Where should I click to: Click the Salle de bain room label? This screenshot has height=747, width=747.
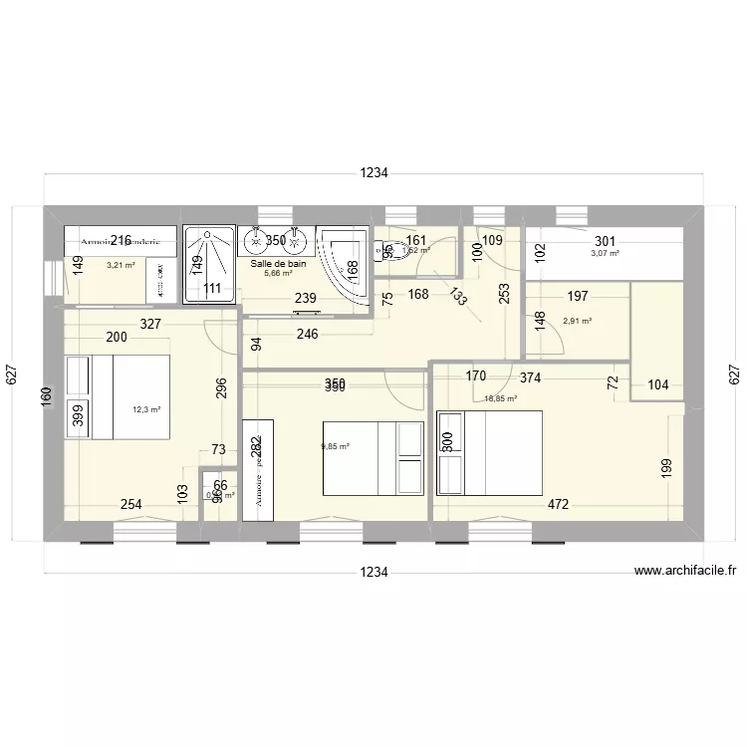click(278, 263)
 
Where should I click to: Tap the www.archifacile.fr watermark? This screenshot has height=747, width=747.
click(684, 571)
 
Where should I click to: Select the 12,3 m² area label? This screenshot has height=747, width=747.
click(147, 408)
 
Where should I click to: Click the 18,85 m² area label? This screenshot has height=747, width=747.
click(500, 398)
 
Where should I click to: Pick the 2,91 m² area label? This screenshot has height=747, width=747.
click(578, 321)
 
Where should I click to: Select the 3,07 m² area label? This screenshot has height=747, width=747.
click(605, 254)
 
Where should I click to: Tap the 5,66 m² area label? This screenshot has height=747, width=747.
click(278, 273)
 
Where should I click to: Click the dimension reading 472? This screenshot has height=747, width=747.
click(557, 505)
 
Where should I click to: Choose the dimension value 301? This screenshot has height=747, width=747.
click(605, 241)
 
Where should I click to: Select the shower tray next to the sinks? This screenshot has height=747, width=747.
click(207, 263)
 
